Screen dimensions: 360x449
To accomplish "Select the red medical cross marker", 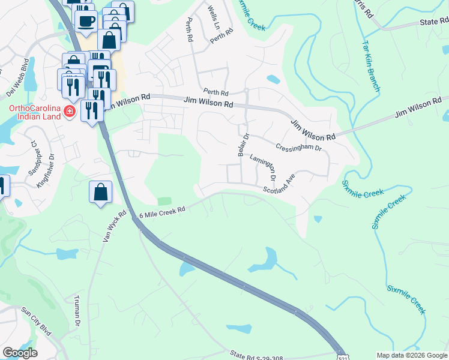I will [x=70, y=112].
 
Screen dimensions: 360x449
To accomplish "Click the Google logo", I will [x=20, y=353].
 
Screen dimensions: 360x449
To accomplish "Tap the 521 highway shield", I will [x=342, y=355].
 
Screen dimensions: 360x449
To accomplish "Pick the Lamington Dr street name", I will [x=263, y=168].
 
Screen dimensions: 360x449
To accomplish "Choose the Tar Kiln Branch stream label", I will [x=370, y=66].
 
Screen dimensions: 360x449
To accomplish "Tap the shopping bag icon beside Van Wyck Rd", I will [x=101, y=193].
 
